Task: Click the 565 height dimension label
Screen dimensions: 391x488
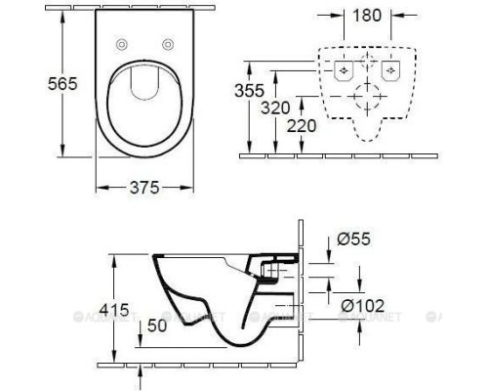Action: tap(36, 86)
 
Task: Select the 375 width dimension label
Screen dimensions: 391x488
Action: tap(142, 187)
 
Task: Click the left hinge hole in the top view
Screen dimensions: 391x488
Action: tap(123, 45)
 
